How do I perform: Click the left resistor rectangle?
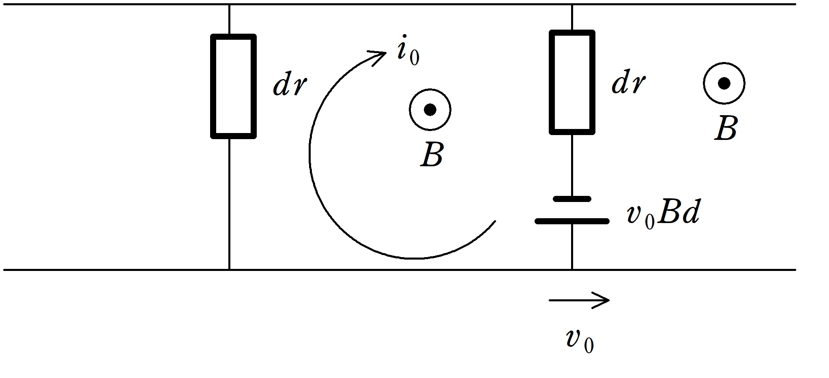(233, 86)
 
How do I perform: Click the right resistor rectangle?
(572, 82)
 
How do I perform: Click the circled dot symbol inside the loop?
(430, 110)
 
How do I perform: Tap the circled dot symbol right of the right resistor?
(724, 84)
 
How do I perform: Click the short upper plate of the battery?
(572, 199)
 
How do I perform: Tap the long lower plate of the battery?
(572, 221)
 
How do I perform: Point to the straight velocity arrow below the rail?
(579, 300)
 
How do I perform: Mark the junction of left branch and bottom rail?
(229, 270)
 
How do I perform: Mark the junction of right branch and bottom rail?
(572, 270)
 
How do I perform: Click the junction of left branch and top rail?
(229, 4)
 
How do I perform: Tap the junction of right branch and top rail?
(572, 4)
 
